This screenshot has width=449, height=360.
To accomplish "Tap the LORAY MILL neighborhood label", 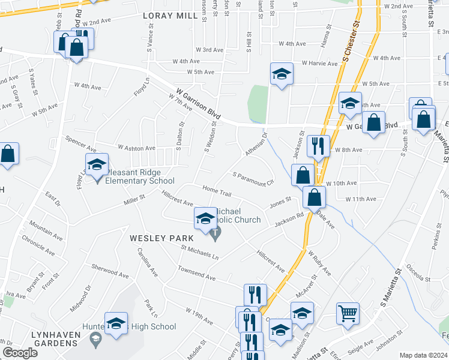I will tap(170, 16).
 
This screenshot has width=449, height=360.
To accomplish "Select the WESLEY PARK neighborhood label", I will tap(155, 238).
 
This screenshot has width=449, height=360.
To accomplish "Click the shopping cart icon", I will tap(348, 313).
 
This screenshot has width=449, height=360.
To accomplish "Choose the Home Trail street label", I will tap(217, 192).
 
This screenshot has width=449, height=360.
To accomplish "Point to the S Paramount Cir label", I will tap(253, 178).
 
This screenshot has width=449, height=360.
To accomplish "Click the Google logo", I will tap(20, 353).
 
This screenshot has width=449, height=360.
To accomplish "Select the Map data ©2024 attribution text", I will tap(423, 355).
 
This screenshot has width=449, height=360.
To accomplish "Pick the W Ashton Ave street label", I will tap(136, 148).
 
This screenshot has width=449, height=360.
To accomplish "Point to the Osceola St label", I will tap(418, 272).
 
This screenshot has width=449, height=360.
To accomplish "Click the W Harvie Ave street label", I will tap(320, 63).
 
